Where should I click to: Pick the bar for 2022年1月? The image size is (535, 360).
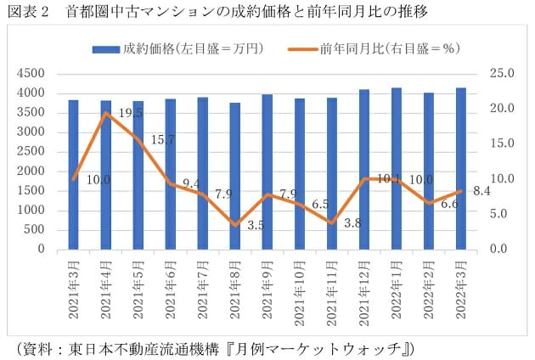tap(397, 169)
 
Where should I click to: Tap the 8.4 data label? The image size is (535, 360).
tap(481, 191)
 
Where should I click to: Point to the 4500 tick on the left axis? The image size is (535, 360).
tap(31, 73)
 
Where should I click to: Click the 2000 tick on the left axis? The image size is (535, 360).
tap(31, 172)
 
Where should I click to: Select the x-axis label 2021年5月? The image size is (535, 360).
tap(138, 292)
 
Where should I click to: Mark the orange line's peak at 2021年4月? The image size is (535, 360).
tap(106, 113)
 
